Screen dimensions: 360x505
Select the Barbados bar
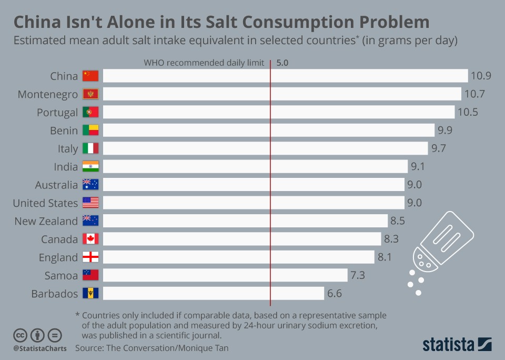coord(213,293)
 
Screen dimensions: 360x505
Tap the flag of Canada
coord(90,239)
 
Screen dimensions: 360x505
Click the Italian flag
coord(90,148)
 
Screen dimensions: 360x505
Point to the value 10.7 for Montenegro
coord(473,94)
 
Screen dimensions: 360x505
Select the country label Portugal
coord(57,112)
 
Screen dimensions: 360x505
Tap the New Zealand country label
coord(46,221)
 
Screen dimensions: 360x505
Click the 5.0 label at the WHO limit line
coord(282,63)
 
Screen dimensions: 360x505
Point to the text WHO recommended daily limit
coord(204,63)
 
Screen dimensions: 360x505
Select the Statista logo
coord(457,344)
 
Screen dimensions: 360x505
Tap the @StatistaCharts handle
coord(40,348)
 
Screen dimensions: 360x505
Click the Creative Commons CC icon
coord(20,335)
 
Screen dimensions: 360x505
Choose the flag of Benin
coord(90,131)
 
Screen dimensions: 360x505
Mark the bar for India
coord(255,167)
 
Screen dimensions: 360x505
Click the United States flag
coord(90,203)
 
